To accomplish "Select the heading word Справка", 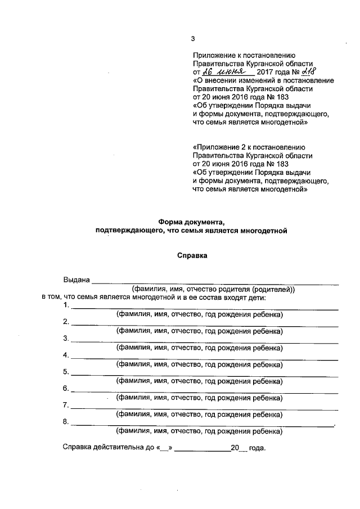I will (192, 255).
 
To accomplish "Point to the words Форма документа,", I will (192, 222).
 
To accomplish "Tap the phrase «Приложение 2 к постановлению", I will (249, 147).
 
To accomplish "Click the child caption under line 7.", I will (199, 415).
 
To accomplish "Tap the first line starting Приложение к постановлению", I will (244, 55).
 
